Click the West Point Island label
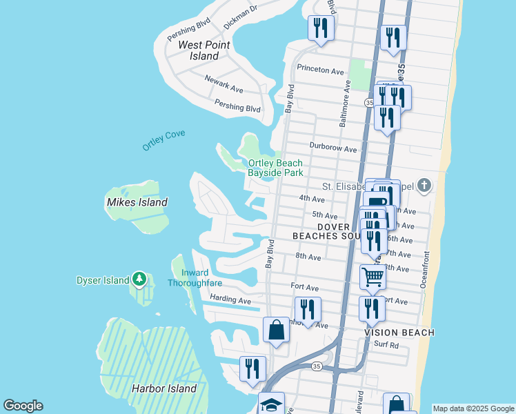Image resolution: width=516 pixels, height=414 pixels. tap(199, 50)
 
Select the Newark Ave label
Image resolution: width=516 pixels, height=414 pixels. tap(224, 84)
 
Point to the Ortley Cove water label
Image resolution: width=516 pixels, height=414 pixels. tap(163, 140)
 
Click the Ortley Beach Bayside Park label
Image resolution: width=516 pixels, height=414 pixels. tap(275, 168)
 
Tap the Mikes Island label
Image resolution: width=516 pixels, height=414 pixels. tap(137, 202)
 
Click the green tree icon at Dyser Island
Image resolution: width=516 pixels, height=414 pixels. tap(140, 279)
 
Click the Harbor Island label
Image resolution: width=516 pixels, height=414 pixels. tap(164, 388)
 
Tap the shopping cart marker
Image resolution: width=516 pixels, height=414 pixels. tap(373, 277)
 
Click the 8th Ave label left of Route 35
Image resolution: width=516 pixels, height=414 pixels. tap(308, 257)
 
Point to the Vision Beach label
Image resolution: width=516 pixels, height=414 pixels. tap(399, 333)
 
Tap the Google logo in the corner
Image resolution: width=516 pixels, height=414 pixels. tap(22, 406)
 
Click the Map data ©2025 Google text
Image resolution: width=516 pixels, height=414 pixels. tap(473, 408)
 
